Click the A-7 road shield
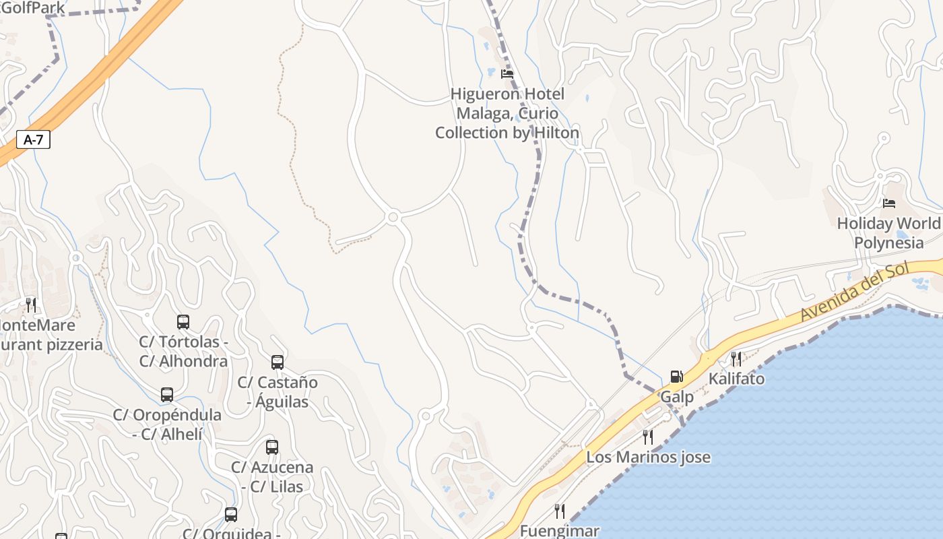tap(33, 139)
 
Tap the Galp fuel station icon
tap(676, 377)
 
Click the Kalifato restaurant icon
tap(736, 358)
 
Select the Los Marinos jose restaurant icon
tap(648, 437)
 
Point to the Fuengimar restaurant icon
tap(559, 511)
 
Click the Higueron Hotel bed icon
tap(507, 73)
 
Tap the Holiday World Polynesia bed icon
tap(889, 203)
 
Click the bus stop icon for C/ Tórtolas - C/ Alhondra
tap(183, 321)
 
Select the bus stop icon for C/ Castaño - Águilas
tap(278, 362)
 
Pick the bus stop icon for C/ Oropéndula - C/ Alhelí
tap(167, 395)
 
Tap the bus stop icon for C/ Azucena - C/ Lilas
tap(272, 447)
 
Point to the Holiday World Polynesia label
tap(888, 233)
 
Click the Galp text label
tap(677, 397)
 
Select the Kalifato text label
tap(736, 379)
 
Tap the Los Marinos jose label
tap(648, 457)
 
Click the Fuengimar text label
tap(559, 531)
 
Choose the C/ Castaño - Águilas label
tap(278, 392)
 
